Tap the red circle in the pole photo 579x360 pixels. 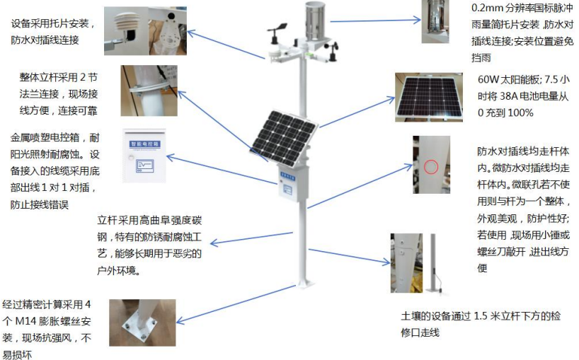click(x=432, y=168)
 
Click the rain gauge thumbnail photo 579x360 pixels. click(x=440, y=22)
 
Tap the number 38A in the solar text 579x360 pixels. click(x=510, y=96)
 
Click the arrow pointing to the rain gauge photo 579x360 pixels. click(x=376, y=21)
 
